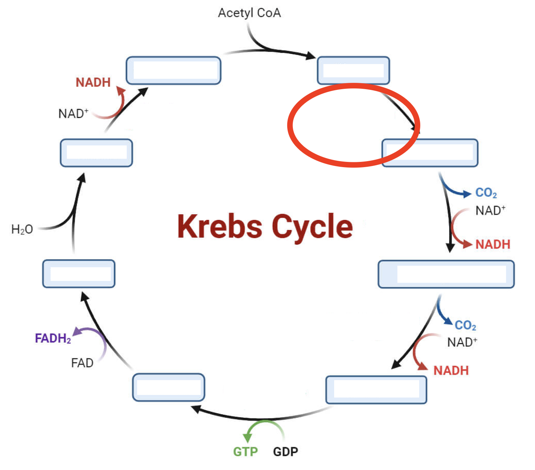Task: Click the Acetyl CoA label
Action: click(x=249, y=13)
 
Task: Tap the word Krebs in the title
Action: click(x=219, y=226)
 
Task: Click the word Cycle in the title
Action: click(x=312, y=226)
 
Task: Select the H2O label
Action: click(x=22, y=229)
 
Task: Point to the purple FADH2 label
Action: click(x=53, y=338)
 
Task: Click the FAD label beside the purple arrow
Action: click(x=82, y=363)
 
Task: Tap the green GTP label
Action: click(x=245, y=452)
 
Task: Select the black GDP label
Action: click(x=285, y=452)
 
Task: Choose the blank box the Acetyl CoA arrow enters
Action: click(x=353, y=70)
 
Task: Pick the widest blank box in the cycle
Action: click(x=446, y=274)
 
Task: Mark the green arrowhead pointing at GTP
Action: click(x=247, y=438)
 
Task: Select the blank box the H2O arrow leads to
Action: click(x=96, y=153)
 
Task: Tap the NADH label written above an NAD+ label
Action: click(x=93, y=82)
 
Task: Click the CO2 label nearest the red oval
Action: click(x=486, y=193)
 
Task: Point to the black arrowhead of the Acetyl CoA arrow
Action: click(x=311, y=56)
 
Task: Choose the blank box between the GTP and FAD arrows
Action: click(x=168, y=387)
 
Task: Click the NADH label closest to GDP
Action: click(x=451, y=370)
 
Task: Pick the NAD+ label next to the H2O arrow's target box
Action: click(x=73, y=113)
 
